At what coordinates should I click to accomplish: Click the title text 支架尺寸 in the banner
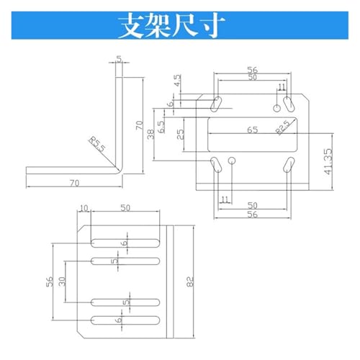171,25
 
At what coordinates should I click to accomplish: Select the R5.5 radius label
97,144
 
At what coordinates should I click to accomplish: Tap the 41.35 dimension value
328,161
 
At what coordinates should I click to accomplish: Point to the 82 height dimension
189,282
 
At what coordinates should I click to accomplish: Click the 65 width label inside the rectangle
253,130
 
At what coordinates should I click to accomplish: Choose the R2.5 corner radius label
283,127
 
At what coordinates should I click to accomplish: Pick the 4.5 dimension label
177,81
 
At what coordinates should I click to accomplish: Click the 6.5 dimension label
161,127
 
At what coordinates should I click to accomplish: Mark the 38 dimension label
150,135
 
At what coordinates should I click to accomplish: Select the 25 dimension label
181,135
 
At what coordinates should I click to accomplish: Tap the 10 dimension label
84,208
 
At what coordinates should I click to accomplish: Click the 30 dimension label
62,282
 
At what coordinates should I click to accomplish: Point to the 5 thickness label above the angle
119,58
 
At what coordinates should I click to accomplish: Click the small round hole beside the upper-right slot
277,108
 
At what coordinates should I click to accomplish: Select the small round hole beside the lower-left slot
232,161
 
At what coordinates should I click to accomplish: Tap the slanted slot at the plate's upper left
216,104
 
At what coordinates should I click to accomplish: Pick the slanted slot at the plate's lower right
289,165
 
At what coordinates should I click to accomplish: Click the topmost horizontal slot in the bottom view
125,243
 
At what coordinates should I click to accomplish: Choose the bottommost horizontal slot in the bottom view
125,320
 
